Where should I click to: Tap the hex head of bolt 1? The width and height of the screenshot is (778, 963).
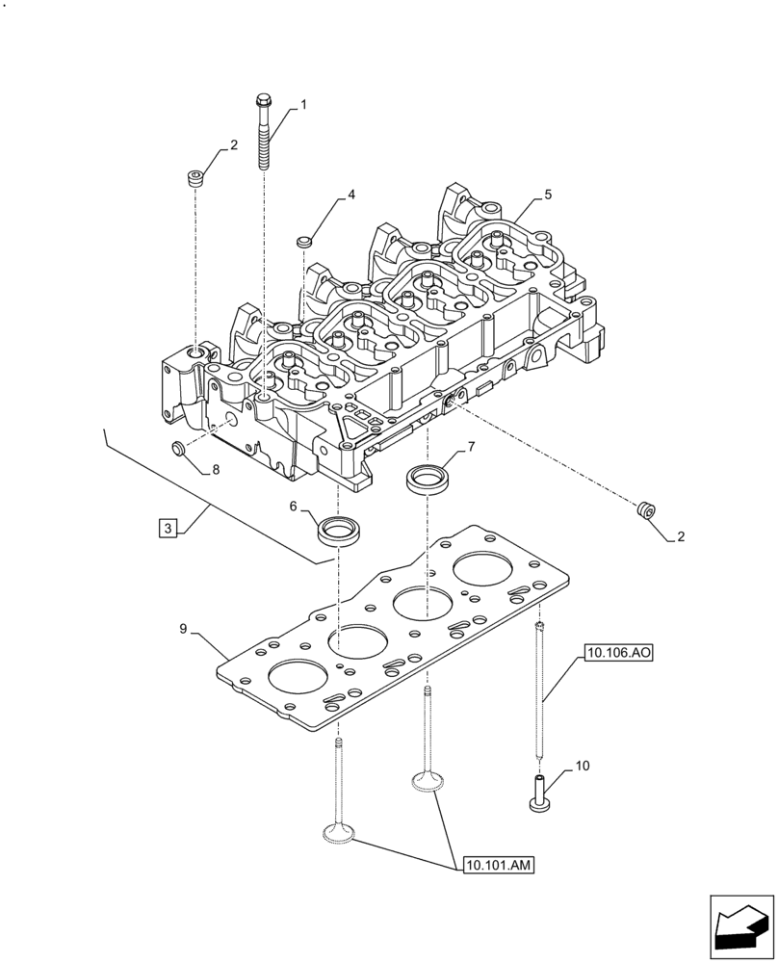point(263,99)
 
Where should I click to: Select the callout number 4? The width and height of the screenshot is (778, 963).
point(351,195)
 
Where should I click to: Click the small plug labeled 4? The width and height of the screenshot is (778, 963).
point(305,239)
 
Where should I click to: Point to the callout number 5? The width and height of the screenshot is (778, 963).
point(547,195)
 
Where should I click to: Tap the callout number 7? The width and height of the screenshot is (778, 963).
point(471,447)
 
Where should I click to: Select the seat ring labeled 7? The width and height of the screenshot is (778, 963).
point(427,478)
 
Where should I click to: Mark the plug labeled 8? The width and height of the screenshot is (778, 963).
point(177,448)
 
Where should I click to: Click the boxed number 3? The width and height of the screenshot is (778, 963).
point(168,528)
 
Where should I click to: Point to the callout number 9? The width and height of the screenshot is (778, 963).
point(183,629)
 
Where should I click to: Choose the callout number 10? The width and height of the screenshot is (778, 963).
point(582,767)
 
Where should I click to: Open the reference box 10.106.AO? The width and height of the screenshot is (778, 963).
point(617,653)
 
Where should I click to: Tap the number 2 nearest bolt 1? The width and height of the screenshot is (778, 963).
point(232,146)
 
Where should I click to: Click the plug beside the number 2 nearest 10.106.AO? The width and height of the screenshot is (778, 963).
point(644,508)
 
